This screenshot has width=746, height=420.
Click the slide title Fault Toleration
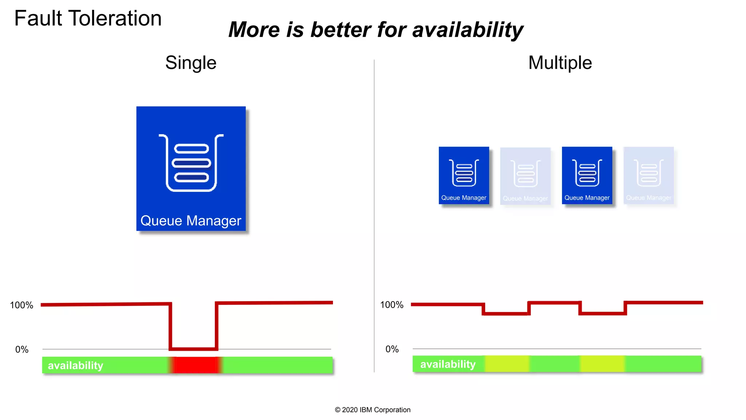pyautogui.click(x=88, y=18)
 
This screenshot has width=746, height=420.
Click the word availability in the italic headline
pyautogui.click(x=468, y=30)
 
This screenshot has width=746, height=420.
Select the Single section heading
pyautogui.click(x=191, y=63)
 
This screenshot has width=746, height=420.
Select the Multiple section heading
pyautogui.click(x=560, y=63)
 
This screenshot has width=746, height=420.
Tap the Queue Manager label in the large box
pyautogui.click(x=191, y=221)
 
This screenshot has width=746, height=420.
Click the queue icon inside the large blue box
pyautogui.click(x=191, y=163)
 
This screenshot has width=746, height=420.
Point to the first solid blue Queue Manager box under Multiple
pyautogui.click(x=464, y=175)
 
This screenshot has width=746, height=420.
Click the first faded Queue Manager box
pyautogui.click(x=525, y=176)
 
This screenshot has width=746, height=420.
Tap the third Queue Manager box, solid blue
pyautogui.click(x=587, y=175)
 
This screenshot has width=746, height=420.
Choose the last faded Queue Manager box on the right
pyautogui.click(x=648, y=175)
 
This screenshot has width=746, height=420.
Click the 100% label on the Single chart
pyautogui.click(x=21, y=305)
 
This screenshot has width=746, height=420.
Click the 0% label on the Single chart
pyautogui.click(x=22, y=350)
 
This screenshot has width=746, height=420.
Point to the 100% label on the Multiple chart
pyautogui.click(x=392, y=305)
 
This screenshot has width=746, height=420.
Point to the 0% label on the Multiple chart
pyautogui.click(x=392, y=349)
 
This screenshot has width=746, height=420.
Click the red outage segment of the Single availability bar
pyautogui.click(x=196, y=365)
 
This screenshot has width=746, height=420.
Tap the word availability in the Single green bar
pyautogui.click(x=75, y=365)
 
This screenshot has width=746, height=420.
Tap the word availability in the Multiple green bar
pyautogui.click(x=448, y=364)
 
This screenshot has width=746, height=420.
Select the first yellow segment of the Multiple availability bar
pyautogui.click(x=507, y=364)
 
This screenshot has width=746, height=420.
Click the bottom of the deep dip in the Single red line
pyautogui.click(x=193, y=349)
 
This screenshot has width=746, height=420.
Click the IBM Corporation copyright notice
pyautogui.click(x=373, y=410)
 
